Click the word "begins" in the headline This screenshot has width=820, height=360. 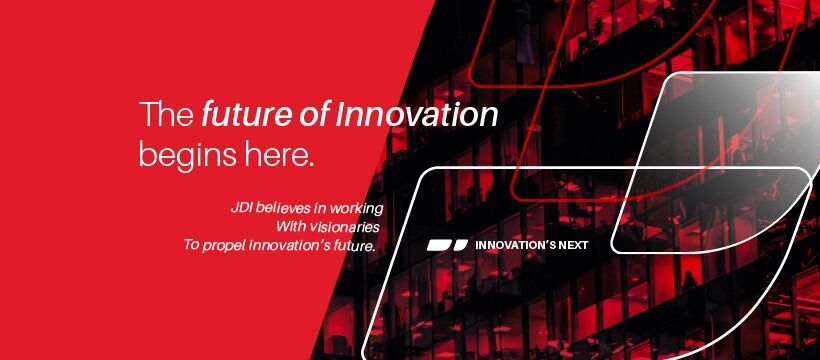point(183,155)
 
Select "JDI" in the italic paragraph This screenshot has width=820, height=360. point(241,208)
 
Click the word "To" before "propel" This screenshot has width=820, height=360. point(192,245)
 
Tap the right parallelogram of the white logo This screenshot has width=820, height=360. point(459,244)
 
